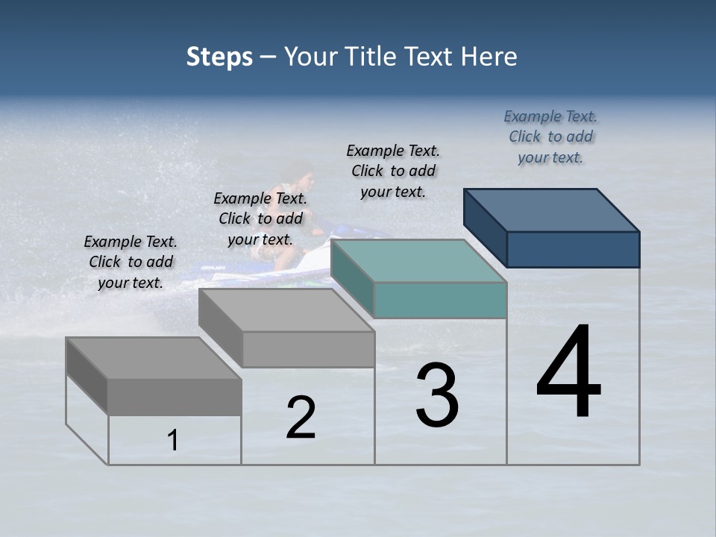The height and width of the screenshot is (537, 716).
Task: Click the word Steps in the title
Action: click(x=219, y=57)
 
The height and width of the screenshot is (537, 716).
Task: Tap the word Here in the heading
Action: click(x=489, y=57)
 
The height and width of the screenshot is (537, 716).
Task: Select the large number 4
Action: click(x=568, y=373)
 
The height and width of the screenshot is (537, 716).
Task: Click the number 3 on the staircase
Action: click(x=437, y=395)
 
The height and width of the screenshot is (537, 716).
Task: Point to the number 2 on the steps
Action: click(x=301, y=418)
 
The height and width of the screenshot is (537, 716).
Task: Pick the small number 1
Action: click(x=173, y=441)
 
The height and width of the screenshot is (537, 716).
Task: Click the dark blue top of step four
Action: click(x=552, y=210)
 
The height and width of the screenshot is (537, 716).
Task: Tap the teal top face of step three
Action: click(x=418, y=261)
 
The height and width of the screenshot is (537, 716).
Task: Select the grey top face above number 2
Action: click(x=286, y=310)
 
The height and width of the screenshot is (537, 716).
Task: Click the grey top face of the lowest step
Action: click(x=153, y=358)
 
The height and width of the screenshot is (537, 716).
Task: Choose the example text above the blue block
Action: click(x=550, y=136)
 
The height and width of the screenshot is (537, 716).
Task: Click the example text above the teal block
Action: click(x=393, y=171)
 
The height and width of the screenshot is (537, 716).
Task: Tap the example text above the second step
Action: click(x=260, y=219)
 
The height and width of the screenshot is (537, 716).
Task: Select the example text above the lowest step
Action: click(x=131, y=262)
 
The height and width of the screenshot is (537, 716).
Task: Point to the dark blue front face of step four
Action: click(x=573, y=249)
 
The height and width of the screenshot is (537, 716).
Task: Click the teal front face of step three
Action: click(x=440, y=300)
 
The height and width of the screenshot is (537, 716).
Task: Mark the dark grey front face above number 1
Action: click(x=175, y=397)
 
